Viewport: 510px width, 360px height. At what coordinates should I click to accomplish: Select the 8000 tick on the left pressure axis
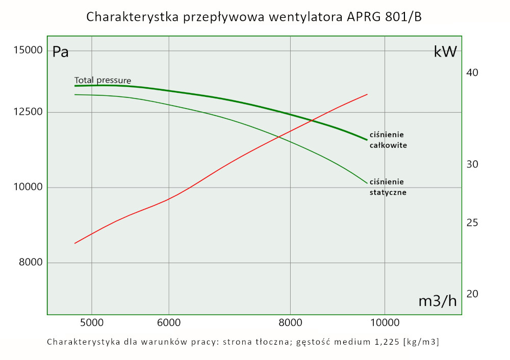[30, 263]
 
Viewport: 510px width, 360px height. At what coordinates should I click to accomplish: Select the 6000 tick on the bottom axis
[169, 323]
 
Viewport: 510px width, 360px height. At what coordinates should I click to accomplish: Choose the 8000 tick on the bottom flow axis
[290, 323]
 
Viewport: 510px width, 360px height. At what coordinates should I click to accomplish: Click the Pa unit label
[61, 52]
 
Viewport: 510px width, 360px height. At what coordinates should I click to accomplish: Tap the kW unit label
[445, 52]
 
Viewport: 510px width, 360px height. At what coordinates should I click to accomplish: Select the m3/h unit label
[438, 301]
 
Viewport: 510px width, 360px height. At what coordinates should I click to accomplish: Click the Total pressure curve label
[103, 80]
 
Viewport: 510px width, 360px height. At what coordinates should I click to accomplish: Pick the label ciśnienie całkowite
[388, 140]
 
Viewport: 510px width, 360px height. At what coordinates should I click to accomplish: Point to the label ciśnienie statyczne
[388, 187]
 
